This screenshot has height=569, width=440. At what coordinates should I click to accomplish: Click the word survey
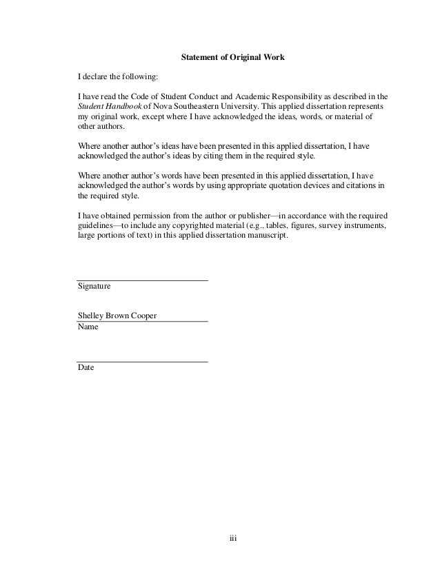(320, 225)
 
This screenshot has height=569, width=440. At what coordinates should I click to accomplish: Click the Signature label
(94, 286)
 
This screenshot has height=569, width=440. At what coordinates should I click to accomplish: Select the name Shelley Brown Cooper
(117, 316)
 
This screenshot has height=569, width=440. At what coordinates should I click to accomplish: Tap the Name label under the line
(88, 327)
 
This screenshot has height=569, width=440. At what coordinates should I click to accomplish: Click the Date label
(86, 368)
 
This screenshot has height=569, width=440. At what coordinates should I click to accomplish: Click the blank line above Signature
(142, 280)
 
